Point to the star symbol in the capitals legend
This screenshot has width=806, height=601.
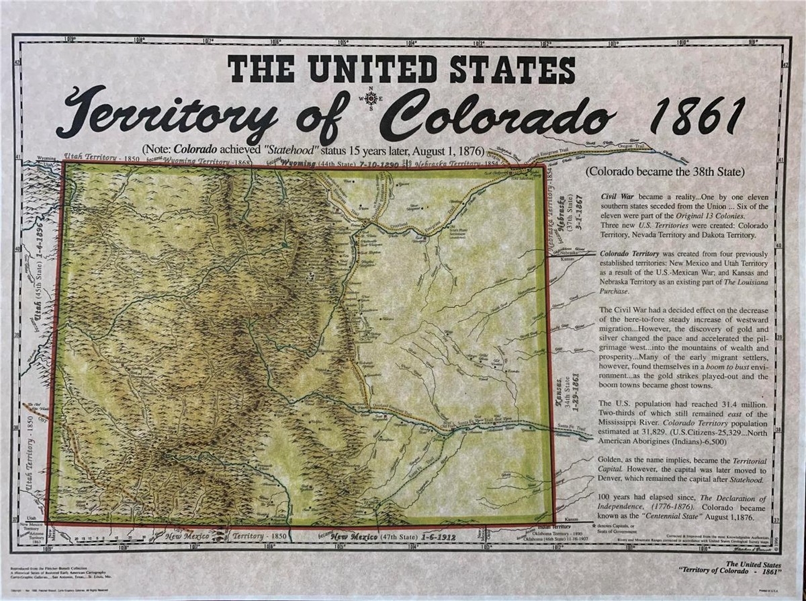pyautogui.click(x=594, y=524)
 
